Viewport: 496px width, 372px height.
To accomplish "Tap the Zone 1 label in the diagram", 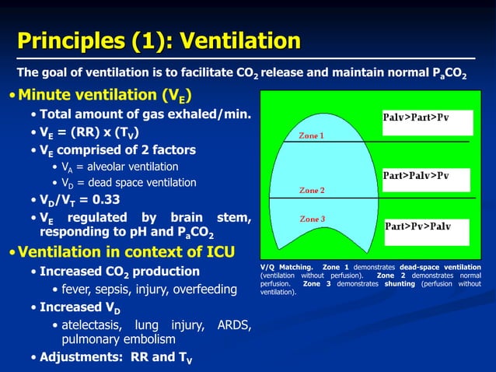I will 312,135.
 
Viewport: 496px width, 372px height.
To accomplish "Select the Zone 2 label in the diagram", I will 312,190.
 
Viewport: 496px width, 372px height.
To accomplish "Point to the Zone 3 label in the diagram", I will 312,219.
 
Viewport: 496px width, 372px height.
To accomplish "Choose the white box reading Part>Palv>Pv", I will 426,176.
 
